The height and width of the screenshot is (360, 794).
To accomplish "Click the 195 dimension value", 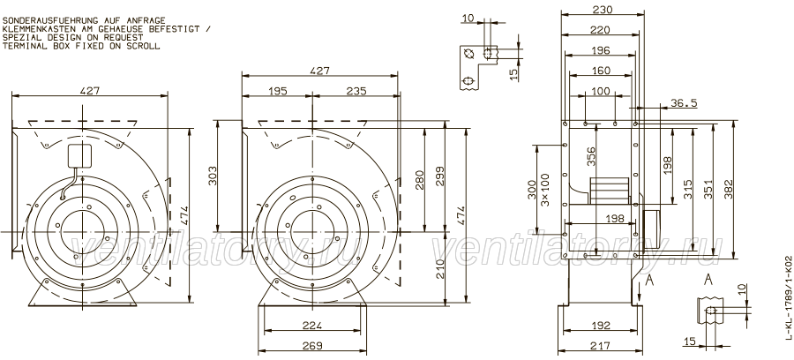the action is click(278, 91).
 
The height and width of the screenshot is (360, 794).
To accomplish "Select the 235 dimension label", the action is click(356, 91).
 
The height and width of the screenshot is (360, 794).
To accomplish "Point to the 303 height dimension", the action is click(213, 175).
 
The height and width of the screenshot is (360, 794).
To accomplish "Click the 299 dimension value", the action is click(439, 176).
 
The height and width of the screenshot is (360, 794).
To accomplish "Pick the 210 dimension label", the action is click(439, 269).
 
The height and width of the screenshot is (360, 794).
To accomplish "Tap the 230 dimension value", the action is click(603, 10).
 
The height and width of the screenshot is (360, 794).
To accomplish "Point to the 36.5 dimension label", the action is click(684, 103).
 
